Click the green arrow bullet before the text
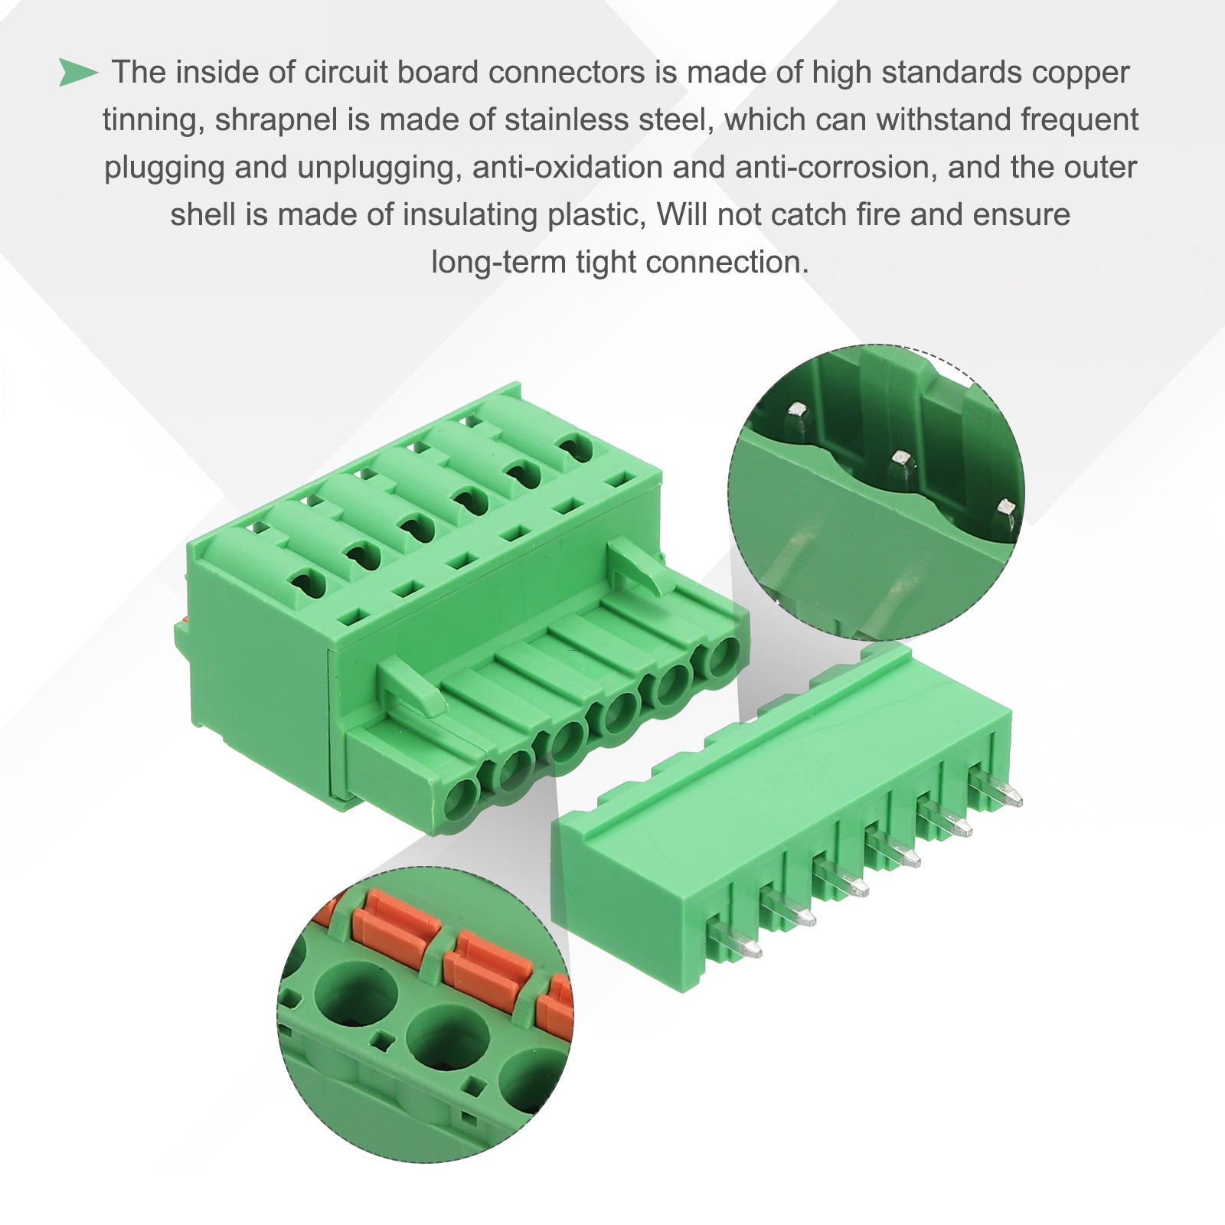78,73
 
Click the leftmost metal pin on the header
735,941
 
